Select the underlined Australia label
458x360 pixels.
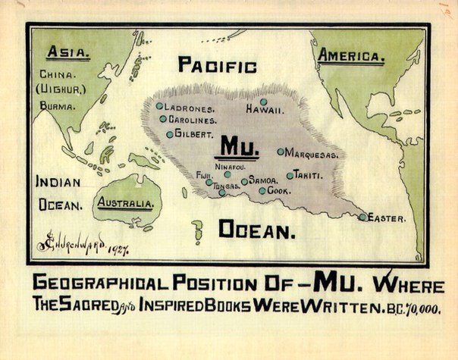[127, 203]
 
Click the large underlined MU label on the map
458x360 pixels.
[239, 145]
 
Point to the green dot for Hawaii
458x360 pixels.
[263, 102]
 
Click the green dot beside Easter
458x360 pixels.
[363, 217]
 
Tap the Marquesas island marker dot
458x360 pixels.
[281, 152]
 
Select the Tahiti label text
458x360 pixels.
[309, 175]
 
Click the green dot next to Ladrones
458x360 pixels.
[160, 106]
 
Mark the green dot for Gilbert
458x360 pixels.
[170, 134]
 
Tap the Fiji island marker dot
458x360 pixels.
[209, 182]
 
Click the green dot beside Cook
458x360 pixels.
[262, 191]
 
